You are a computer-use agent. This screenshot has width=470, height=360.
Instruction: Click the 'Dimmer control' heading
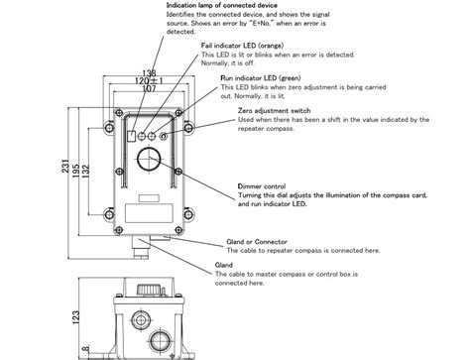pyautogui.click(x=263, y=185)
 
